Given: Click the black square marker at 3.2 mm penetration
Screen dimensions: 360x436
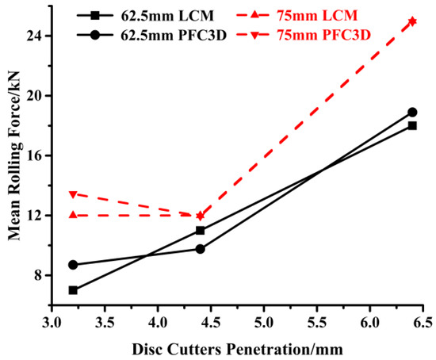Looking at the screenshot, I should [x=73, y=290].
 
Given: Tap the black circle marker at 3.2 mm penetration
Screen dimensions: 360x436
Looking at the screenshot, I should [x=73, y=265].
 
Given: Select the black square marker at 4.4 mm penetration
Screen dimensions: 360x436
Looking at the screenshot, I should [x=200, y=230].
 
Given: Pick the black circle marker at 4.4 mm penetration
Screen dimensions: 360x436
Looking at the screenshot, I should [x=200, y=249].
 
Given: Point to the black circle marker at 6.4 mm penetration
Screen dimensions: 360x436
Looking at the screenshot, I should [x=412, y=112].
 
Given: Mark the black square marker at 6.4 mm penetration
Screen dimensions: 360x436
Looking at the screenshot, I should [x=412, y=125].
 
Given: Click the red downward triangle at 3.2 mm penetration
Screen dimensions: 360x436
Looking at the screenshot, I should [x=73, y=194].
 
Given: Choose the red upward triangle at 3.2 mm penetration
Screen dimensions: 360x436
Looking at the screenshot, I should [x=73, y=215].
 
